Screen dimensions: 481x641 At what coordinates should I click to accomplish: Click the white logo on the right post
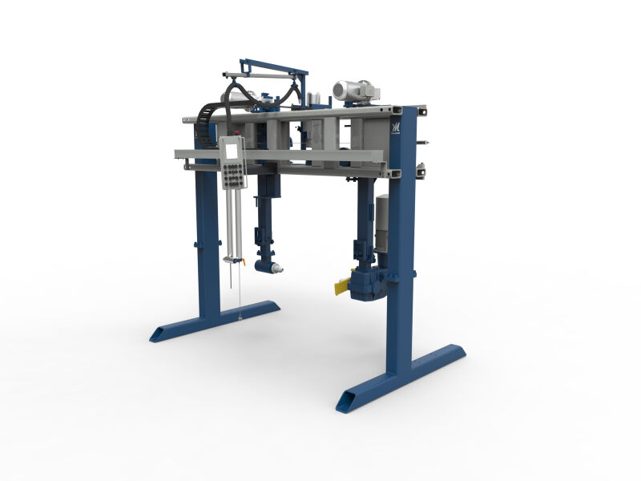pyautogui.click(x=395, y=128)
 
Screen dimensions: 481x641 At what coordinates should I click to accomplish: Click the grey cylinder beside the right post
pyautogui.click(x=382, y=220)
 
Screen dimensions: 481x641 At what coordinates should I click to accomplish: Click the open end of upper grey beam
pyautogui.click(x=185, y=119)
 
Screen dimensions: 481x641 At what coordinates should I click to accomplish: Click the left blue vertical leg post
pyautogui.click(x=208, y=240)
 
